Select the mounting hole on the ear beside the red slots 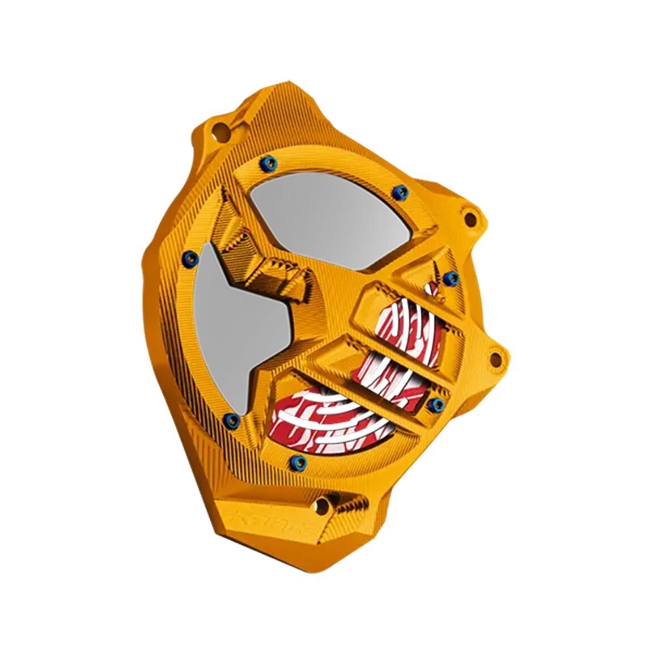click(495, 359)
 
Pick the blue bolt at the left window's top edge click(190, 259)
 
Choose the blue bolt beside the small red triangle click(452, 277)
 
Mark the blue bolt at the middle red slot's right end click(438, 404)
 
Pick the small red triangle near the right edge click(434, 287)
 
